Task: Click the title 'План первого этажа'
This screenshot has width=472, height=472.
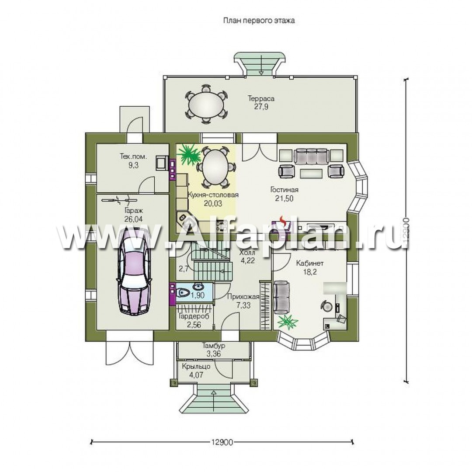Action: point(259,21)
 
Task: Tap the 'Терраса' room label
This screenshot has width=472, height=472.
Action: point(261,98)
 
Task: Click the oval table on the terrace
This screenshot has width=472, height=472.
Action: point(206,104)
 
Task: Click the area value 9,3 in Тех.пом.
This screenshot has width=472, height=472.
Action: point(133,165)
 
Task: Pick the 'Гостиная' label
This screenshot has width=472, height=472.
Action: point(284,190)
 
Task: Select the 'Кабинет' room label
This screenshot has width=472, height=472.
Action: point(310,264)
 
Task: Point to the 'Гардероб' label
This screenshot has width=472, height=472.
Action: point(194,316)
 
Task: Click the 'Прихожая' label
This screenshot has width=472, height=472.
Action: point(243,297)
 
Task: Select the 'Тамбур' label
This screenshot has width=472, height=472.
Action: point(213,346)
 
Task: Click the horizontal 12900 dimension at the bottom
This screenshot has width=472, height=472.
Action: point(222,442)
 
